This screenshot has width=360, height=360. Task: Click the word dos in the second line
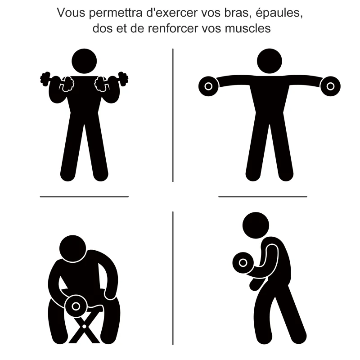(x=101, y=28)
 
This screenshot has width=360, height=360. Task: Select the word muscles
(x=247, y=28)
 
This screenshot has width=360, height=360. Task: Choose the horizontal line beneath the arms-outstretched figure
(x=263, y=196)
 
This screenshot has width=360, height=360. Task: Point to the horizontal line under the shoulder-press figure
(x=84, y=196)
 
